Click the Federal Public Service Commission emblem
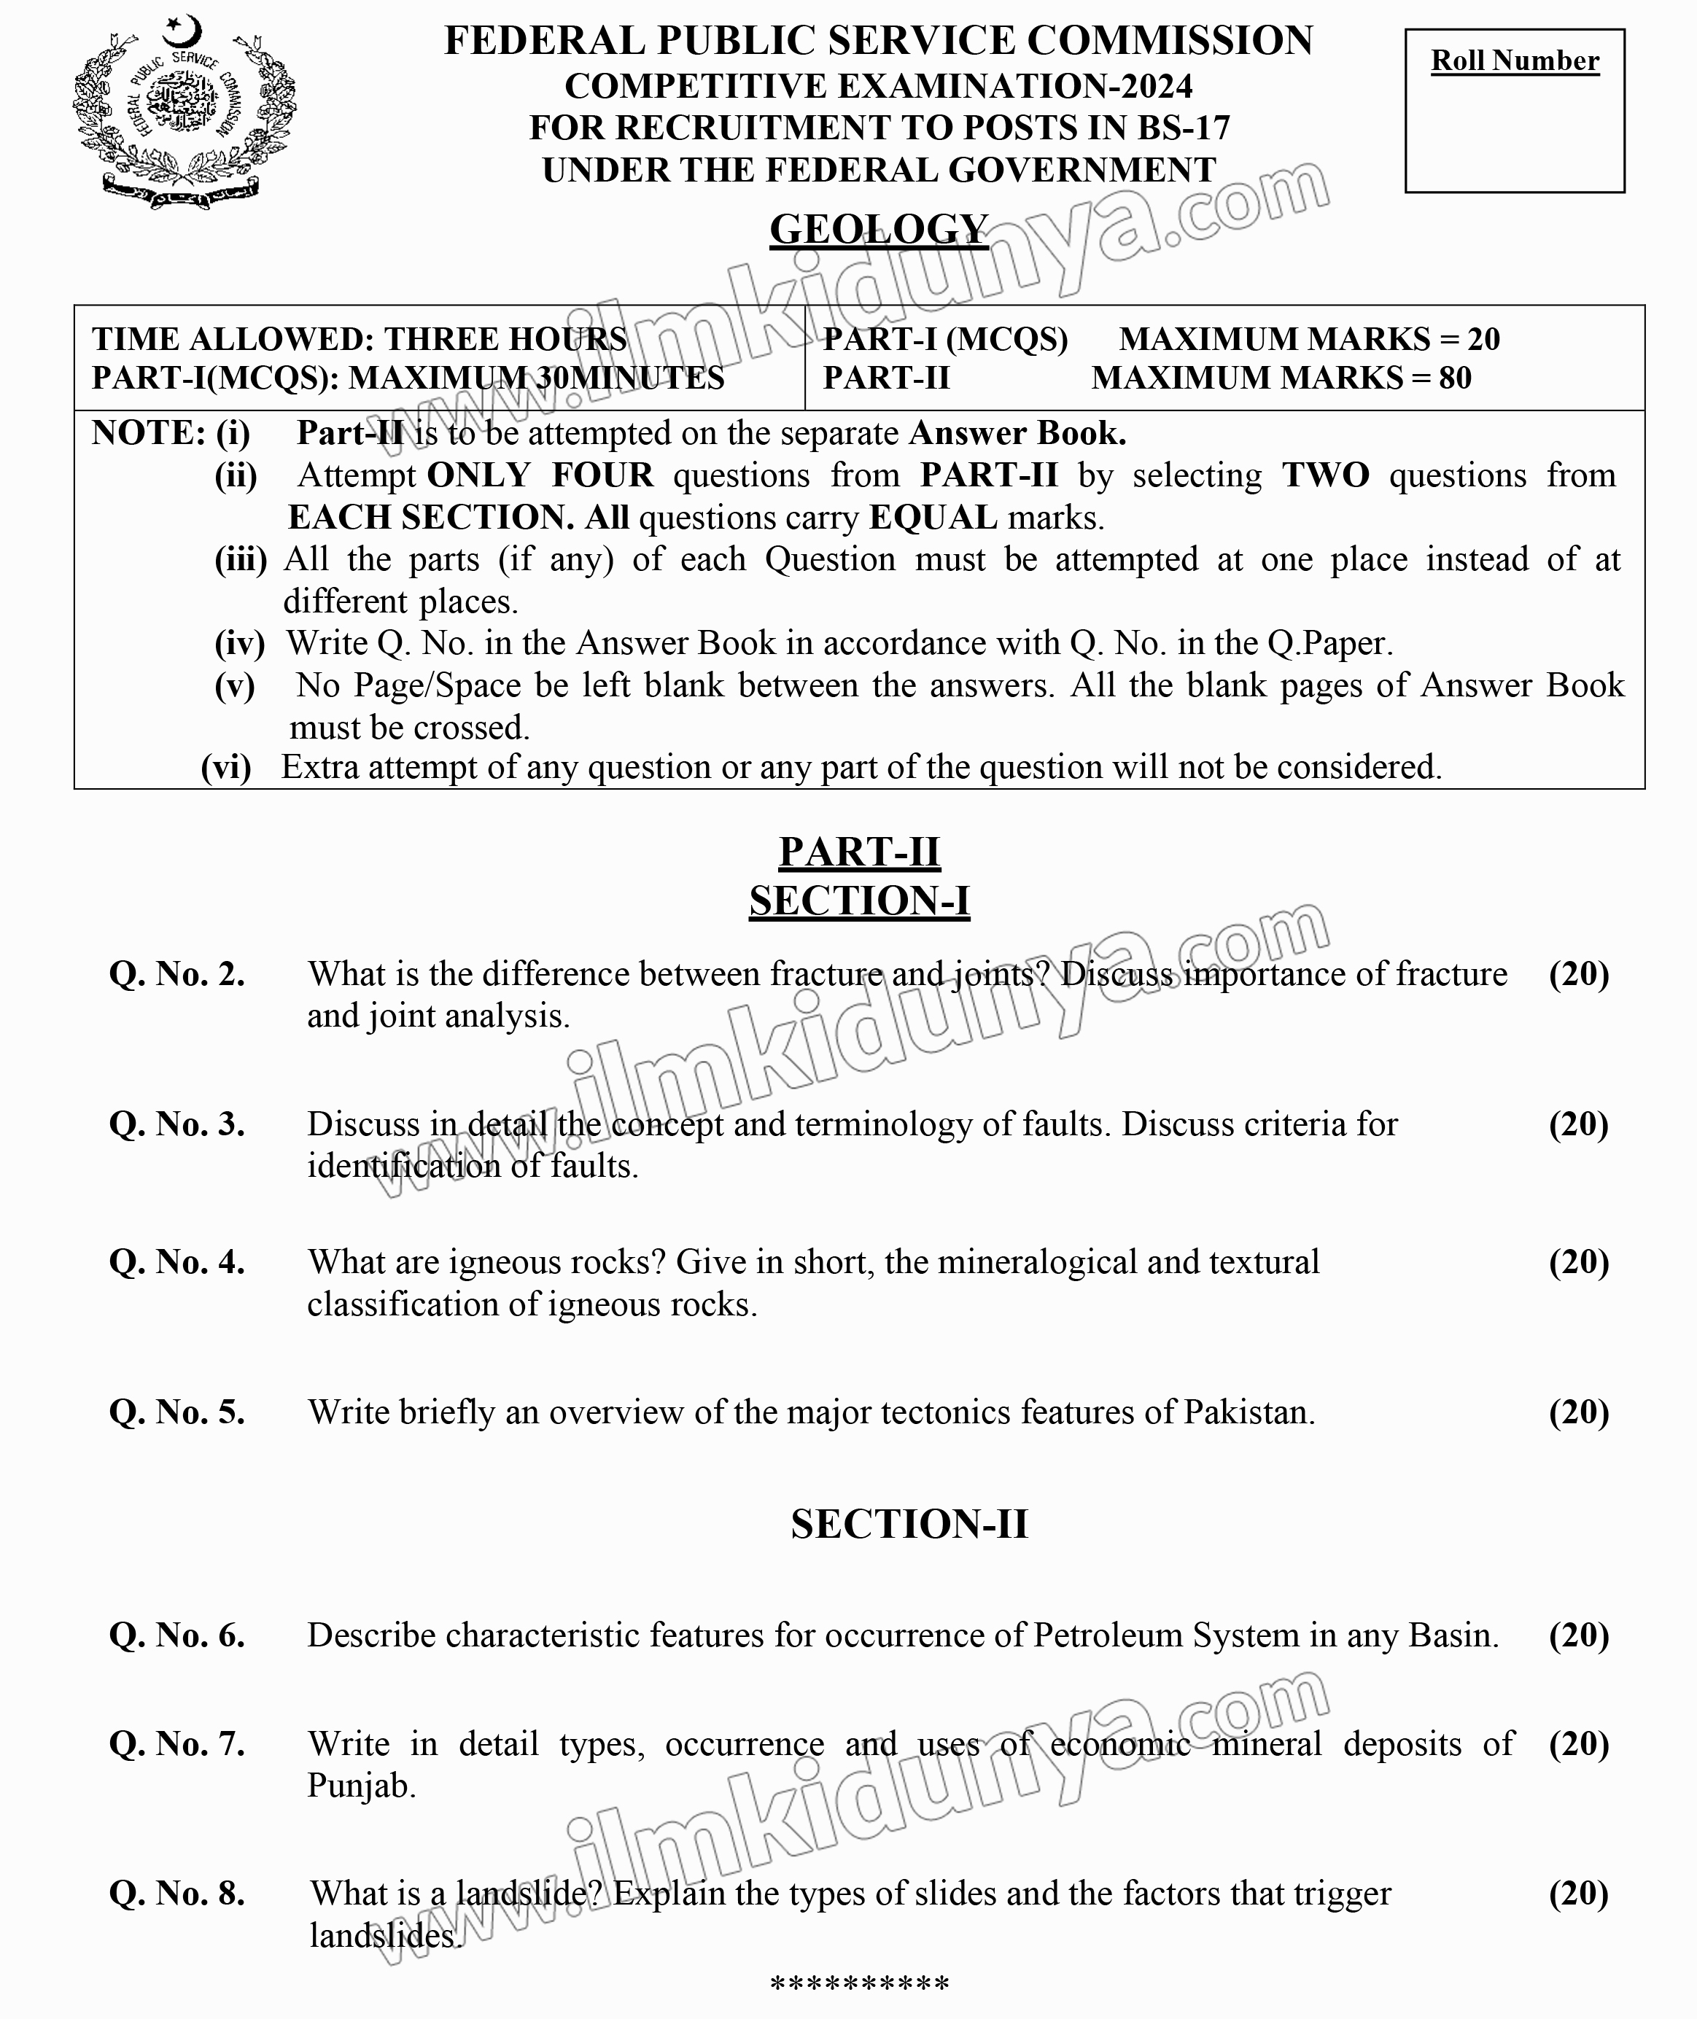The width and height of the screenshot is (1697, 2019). (x=184, y=112)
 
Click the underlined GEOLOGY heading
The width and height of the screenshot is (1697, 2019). (x=878, y=230)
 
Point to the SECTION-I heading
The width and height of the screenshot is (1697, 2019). (x=859, y=901)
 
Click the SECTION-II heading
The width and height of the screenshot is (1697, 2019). (x=909, y=1524)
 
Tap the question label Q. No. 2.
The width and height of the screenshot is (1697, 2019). (x=177, y=973)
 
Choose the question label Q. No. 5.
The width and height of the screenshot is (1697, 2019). (x=177, y=1412)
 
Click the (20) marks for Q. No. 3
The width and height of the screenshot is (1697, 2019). (x=1577, y=1124)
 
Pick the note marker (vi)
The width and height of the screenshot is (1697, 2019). (x=226, y=768)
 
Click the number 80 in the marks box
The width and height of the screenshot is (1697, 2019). (x=1455, y=378)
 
